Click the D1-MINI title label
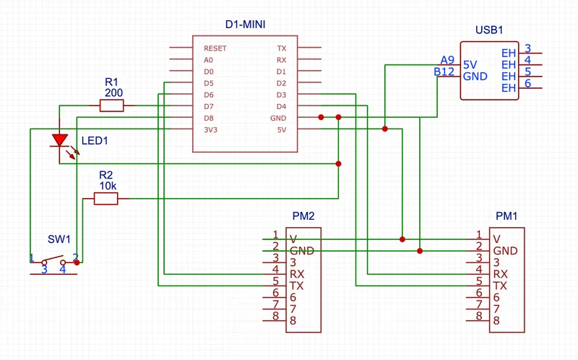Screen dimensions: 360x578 click(x=245, y=25)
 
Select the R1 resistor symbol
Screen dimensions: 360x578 click(x=111, y=106)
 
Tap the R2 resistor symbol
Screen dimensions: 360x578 click(x=105, y=199)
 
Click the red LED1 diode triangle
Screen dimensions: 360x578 click(x=61, y=140)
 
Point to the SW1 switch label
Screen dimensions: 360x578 click(x=59, y=239)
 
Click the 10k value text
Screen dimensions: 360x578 click(x=106, y=187)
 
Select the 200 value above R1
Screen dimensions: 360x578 click(x=113, y=93)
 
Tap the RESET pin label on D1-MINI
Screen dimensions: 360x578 click(x=215, y=48)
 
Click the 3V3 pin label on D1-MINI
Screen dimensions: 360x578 click(x=210, y=130)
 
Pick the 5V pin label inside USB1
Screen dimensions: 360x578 click(x=470, y=64)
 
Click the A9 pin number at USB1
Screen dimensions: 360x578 click(x=448, y=60)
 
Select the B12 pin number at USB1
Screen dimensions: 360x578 click(x=444, y=72)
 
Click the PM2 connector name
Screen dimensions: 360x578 click(x=303, y=215)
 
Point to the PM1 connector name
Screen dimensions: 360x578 click(x=506, y=215)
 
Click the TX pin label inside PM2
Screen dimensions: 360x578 click(x=296, y=286)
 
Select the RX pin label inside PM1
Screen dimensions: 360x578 click(x=500, y=274)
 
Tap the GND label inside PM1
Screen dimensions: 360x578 click(x=505, y=251)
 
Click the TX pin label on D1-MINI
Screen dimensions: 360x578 click(x=281, y=48)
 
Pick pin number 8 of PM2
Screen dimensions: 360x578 click(x=275, y=316)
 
